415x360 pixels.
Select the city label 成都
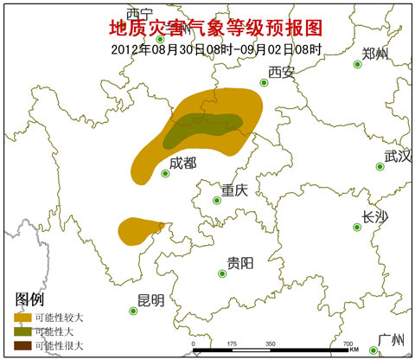pos(182,163)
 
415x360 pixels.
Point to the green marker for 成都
pos(165,174)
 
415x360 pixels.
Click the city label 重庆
pos(234,190)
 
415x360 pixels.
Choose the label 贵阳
pos(239,263)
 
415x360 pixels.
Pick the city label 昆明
pos(150,300)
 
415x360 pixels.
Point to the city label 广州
pos(393,339)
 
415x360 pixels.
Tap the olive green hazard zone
pos(203,128)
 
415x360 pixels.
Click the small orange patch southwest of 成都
pos(138,230)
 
